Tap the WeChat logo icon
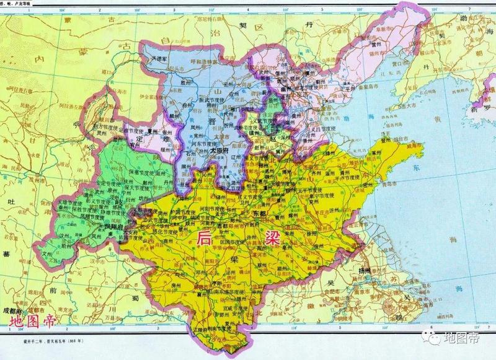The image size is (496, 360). pyautogui.click(x=429, y=338)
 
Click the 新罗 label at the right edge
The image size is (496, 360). pyautogui.click(x=483, y=107)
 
